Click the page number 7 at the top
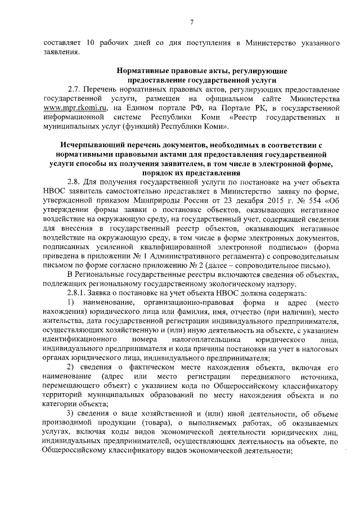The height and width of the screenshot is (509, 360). coord(191,22)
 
